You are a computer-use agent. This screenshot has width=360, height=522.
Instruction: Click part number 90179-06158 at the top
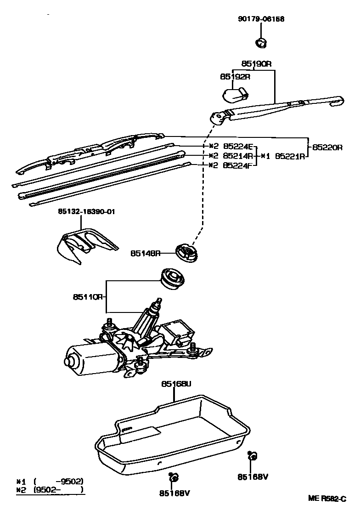[261, 19]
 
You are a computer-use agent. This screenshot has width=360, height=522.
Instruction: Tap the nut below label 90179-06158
[261, 43]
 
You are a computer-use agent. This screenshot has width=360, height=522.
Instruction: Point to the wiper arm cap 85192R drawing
[235, 94]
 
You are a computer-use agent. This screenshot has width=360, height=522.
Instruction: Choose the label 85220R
[327, 148]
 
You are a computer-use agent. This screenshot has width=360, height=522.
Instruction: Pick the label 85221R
[290, 156]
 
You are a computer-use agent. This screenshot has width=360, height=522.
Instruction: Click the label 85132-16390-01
[86, 211]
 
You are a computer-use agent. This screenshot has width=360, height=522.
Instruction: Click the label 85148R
[145, 253]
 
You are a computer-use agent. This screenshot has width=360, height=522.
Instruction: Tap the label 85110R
[87, 297]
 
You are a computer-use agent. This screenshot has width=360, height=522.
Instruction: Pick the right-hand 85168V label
[253, 477]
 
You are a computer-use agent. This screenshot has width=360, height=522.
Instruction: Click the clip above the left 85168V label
[174, 478]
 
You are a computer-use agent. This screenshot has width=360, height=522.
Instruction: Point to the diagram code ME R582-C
[326, 499]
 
